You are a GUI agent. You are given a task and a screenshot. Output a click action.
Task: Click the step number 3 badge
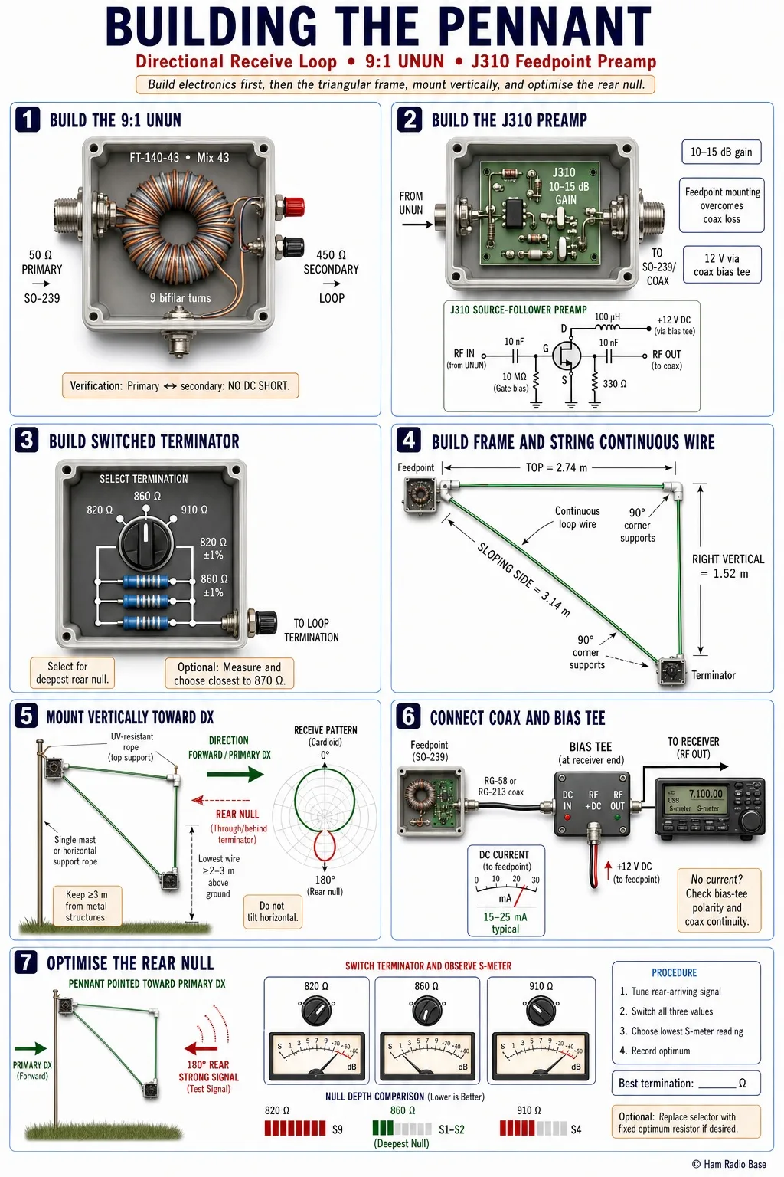(27, 441)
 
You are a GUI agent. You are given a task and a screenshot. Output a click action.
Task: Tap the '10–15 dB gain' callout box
(721, 152)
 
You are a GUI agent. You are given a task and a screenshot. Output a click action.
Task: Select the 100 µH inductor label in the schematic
(607, 316)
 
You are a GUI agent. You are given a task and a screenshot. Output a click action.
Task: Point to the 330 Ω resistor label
(615, 384)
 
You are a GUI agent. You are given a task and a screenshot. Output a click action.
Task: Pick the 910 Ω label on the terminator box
(194, 510)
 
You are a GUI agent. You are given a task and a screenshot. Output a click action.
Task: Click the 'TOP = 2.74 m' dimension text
(557, 467)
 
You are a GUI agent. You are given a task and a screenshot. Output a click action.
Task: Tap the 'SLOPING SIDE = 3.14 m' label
(524, 579)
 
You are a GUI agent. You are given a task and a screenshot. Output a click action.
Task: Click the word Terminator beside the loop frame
(713, 675)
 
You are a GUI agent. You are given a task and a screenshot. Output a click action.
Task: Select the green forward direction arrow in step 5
(235, 774)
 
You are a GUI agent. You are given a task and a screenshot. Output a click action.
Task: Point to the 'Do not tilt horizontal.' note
(273, 912)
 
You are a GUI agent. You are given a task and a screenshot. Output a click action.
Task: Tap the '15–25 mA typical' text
(505, 923)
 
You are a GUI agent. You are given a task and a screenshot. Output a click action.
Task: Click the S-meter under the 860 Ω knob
(427, 1057)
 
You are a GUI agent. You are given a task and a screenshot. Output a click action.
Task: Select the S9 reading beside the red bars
(337, 1129)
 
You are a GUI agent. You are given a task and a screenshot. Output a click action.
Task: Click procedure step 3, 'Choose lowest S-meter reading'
(681, 1031)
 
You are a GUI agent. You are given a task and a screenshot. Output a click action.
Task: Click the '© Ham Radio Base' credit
(729, 1164)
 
